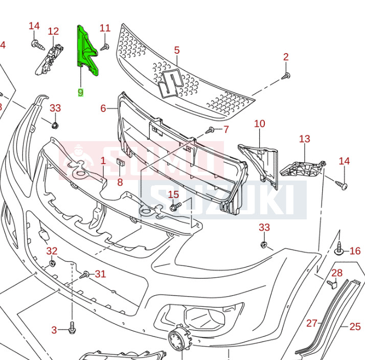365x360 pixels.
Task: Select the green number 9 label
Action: pyautogui.click(x=81, y=93)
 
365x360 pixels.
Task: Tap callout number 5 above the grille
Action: pyautogui.click(x=177, y=50)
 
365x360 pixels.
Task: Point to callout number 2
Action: pyautogui.click(x=286, y=57)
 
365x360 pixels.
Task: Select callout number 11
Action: pyautogui.click(x=105, y=28)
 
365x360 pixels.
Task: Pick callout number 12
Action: pyautogui.click(x=53, y=31)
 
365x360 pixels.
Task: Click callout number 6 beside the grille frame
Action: pyautogui.click(x=103, y=108)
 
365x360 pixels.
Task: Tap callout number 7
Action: pyautogui.click(x=225, y=129)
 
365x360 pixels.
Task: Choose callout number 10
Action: pyautogui.click(x=259, y=124)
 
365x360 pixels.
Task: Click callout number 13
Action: pyautogui.click(x=305, y=139)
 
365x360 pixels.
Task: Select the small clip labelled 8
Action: pyautogui.click(x=120, y=164)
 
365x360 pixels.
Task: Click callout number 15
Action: pyautogui.click(x=174, y=194)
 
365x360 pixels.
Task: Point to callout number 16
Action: pyautogui.click(x=355, y=251)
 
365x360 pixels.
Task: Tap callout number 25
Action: pyautogui.click(x=355, y=326)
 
